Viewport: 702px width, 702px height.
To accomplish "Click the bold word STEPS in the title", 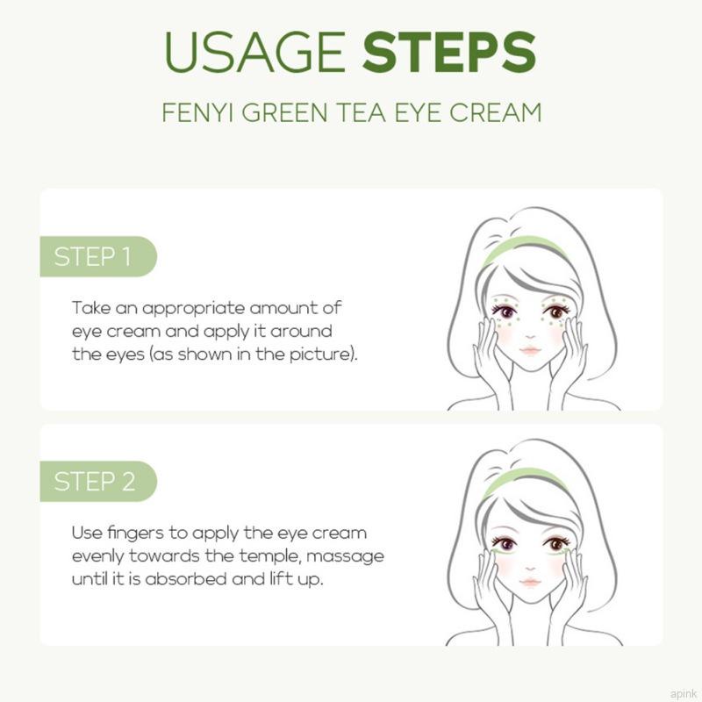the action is click(x=449, y=53).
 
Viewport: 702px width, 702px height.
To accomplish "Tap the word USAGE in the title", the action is click(x=254, y=53).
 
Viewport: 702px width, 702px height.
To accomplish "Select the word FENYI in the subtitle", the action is click(x=197, y=112).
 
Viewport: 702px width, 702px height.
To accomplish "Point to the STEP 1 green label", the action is click(x=98, y=256).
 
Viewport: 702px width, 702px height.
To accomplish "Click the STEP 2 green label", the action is click(x=98, y=481).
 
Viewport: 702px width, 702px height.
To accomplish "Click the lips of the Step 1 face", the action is click(x=530, y=349).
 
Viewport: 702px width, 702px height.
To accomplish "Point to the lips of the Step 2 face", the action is click(x=530, y=582).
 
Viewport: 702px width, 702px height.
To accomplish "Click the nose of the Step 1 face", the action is click(x=530, y=336).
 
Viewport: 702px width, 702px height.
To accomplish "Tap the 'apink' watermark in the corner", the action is click(x=684, y=694).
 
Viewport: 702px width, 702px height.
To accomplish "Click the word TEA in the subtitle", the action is click(x=362, y=112).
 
